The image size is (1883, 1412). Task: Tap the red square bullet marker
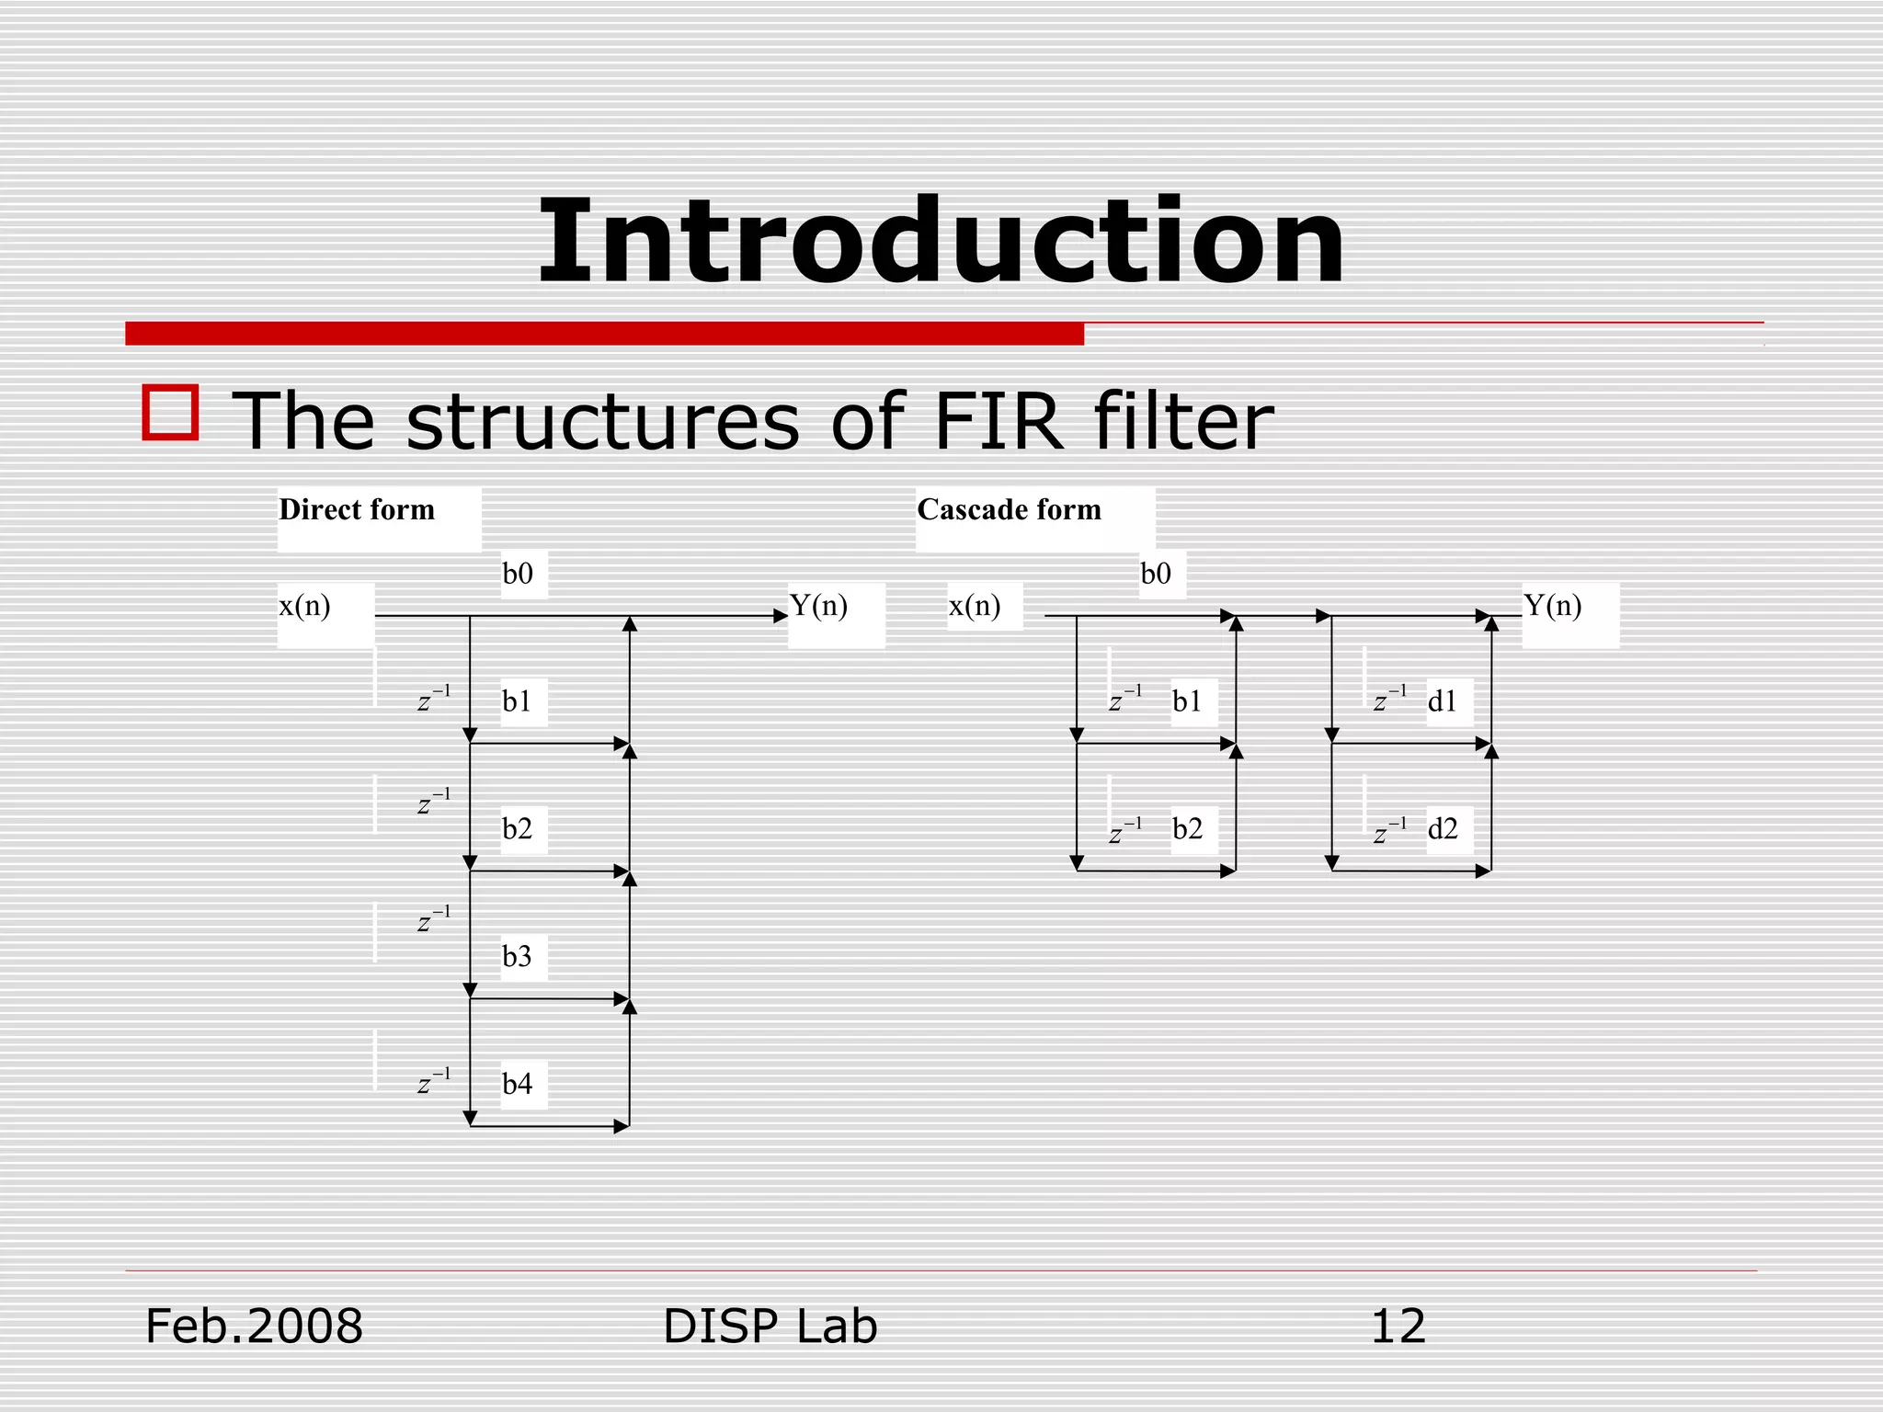[171, 413]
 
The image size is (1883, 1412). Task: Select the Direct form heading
[357, 509]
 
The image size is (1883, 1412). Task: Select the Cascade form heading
[1009, 509]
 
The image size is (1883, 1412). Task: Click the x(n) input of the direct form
[304, 606]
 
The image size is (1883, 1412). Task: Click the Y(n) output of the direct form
[818, 606]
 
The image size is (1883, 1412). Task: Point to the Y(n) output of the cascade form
[1552, 606]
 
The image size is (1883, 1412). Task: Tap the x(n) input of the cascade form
[975, 606]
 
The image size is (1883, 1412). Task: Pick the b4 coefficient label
[517, 1084]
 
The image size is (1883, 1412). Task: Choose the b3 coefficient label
[517, 957]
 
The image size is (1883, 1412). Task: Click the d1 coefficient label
[1442, 702]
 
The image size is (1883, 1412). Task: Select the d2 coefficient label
[1443, 829]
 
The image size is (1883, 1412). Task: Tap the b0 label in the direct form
[518, 574]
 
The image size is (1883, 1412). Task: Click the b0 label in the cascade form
[1156, 574]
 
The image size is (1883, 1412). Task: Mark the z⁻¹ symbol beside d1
[1389, 700]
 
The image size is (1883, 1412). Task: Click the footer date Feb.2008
[254, 1327]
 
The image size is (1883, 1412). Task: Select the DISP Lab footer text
[770, 1327]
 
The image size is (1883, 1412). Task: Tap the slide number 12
[1398, 1327]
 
